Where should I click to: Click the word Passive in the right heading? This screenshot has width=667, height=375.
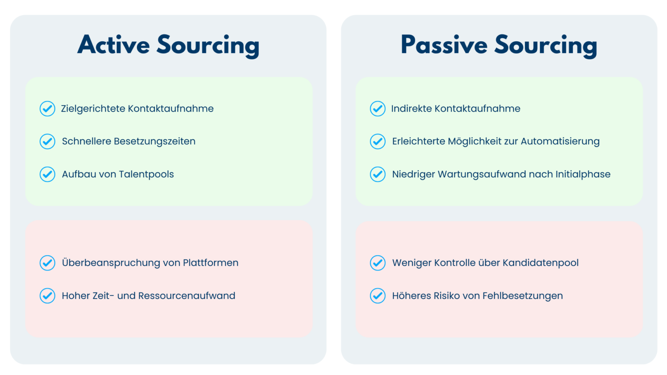444,45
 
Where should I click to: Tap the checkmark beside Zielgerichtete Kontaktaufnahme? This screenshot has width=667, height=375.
47,109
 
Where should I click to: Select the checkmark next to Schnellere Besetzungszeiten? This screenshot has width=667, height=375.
47,141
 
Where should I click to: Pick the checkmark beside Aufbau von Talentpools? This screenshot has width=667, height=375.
47,174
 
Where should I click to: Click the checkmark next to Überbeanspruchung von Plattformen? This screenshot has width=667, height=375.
47,263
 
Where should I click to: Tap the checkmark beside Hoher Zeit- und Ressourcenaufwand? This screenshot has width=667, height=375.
47,296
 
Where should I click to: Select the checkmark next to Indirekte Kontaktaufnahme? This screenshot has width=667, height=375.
378,109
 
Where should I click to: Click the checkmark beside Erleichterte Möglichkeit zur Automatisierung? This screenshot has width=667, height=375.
378,141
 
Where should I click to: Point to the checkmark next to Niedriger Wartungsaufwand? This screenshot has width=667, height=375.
378,174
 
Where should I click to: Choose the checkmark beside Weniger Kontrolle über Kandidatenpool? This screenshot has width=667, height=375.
378,263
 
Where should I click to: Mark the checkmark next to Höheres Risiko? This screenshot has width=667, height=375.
378,296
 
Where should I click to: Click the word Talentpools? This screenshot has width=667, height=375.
146,174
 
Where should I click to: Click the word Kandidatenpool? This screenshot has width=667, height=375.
541,263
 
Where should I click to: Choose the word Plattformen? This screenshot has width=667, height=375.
211,263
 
